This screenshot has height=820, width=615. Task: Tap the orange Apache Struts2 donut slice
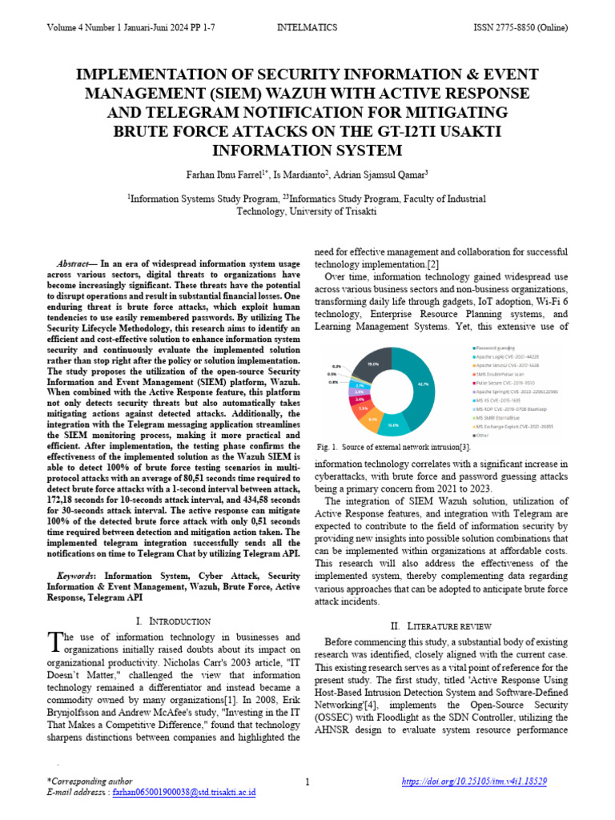373,417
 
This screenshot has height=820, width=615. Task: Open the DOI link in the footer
473,781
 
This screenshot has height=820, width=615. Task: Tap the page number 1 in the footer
307,781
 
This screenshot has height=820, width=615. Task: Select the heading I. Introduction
174,621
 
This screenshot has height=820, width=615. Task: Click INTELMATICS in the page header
307,27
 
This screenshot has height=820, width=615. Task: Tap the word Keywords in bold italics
75,576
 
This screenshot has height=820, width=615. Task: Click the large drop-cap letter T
55,641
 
